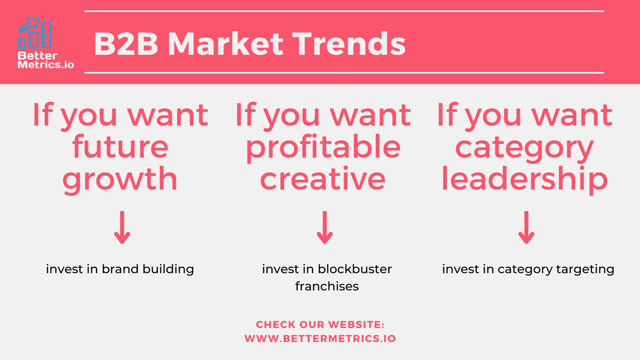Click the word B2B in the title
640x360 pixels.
click(x=126, y=44)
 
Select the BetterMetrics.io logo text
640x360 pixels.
click(x=45, y=60)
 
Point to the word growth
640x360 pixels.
click(x=120, y=180)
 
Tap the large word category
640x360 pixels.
click(x=525, y=148)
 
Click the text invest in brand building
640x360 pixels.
click(x=120, y=269)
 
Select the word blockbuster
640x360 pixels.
click(x=355, y=269)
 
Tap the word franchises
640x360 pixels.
click(x=326, y=286)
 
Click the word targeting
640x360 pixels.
click(x=585, y=269)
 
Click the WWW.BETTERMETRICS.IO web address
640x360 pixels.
click(x=320, y=338)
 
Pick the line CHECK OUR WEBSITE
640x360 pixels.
click(x=320, y=324)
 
